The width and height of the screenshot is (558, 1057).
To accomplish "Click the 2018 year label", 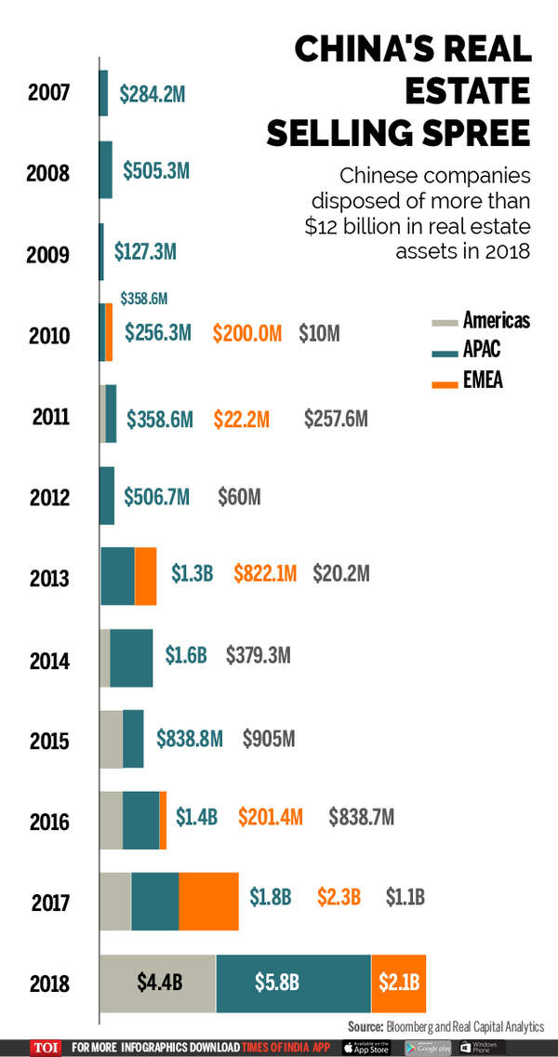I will click(x=49, y=983).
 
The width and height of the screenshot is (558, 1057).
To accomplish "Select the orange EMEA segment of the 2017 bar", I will click(x=208, y=902).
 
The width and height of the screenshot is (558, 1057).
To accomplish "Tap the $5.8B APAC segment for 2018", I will click(x=293, y=983).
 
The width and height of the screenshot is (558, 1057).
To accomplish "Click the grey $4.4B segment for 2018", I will click(x=158, y=983).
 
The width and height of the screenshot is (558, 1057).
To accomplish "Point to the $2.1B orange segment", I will click(x=399, y=983).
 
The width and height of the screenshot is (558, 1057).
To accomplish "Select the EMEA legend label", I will click(x=483, y=380).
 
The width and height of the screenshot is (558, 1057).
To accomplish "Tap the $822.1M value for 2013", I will click(x=265, y=574).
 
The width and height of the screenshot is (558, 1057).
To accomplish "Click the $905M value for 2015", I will click(x=269, y=739).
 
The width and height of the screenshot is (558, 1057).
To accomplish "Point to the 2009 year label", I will click(x=49, y=253).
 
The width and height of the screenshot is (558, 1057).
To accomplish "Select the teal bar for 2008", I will click(x=106, y=169).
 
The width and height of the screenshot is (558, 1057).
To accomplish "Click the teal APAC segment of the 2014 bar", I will click(x=131, y=658).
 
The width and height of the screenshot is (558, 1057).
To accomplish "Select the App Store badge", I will click(x=367, y=1047).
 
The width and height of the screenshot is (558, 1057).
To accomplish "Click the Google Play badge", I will click(x=427, y=1047).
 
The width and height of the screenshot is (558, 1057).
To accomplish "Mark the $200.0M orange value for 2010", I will click(x=246, y=333).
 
